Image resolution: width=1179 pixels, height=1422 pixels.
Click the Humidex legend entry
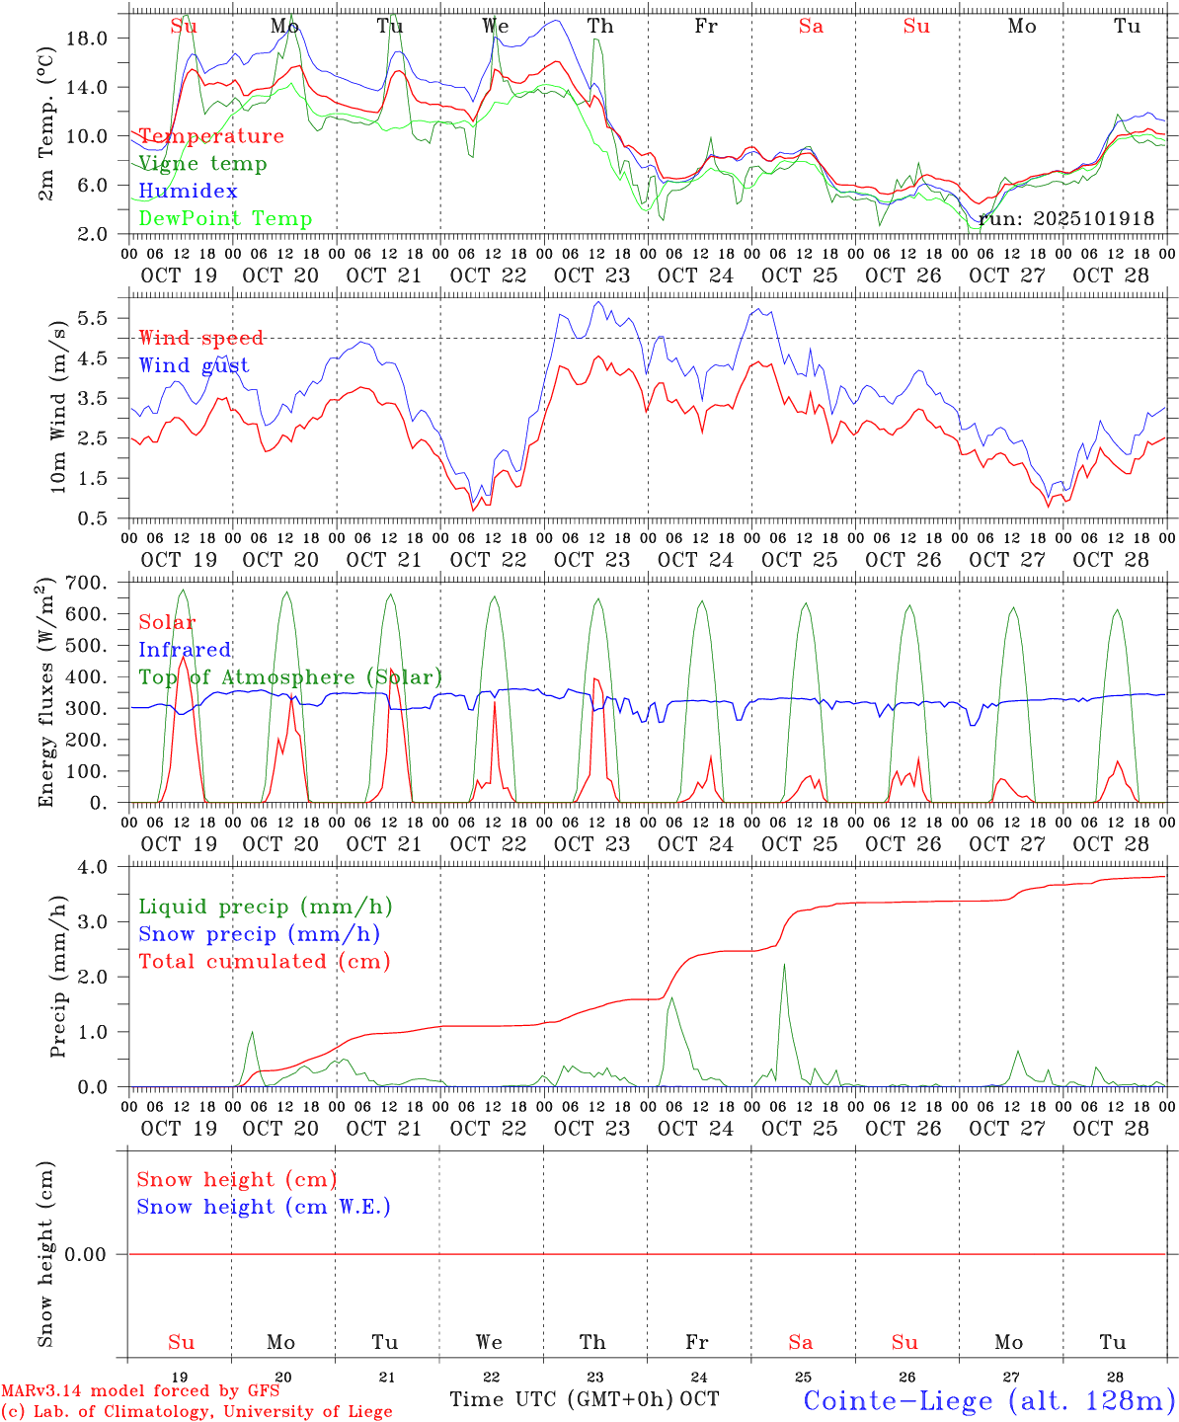(188, 192)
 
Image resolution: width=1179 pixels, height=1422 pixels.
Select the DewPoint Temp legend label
(225, 219)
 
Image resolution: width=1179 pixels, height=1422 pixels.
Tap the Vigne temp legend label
(202, 164)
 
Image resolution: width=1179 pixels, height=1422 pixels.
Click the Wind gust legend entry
(194, 365)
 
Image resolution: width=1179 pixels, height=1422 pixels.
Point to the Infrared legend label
(185, 650)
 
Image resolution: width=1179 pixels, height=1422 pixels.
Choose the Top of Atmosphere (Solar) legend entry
(290, 677)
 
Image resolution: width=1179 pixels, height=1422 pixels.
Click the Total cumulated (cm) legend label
(264, 962)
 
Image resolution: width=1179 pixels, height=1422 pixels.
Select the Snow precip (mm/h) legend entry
(259, 934)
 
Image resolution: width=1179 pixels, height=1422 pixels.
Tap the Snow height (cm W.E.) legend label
(264, 1207)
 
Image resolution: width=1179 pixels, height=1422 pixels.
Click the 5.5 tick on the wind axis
(98, 319)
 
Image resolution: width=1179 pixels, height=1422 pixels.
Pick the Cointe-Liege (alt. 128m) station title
(989, 1400)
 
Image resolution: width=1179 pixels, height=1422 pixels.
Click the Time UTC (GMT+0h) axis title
(562, 1399)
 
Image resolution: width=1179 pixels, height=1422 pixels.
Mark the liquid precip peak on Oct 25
(784, 965)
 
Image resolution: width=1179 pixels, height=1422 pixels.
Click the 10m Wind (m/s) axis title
(58, 405)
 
